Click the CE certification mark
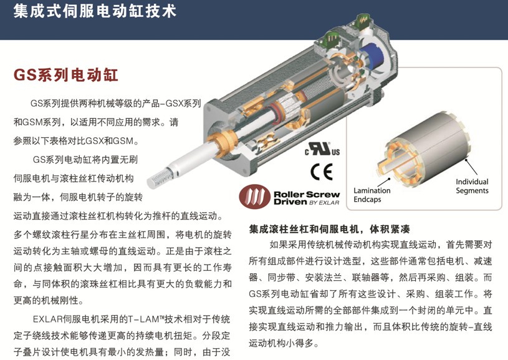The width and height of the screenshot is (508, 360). click(x=322, y=172)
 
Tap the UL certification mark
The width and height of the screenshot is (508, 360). click(x=322, y=149)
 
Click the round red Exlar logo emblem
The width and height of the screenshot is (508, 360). click(x=255, y=197)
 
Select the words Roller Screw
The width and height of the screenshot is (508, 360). click(x=307, y=194)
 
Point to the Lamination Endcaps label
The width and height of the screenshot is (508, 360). click(x=371, y=195)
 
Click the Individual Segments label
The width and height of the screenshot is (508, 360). click(x=472, y=186)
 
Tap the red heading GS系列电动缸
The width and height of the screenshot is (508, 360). click(x=65, y=75)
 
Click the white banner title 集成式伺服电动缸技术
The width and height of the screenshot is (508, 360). click(x=95, y=11)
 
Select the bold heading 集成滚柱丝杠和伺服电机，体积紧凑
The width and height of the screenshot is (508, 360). click(x=329, y=229)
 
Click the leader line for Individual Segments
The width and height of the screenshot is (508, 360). click(x=471, y=167)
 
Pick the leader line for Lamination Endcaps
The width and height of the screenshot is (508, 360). click(x=383, y=182)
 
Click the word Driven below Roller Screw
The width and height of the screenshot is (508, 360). click(x=290, y=202)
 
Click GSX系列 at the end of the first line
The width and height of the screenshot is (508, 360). click(x=183, y=104)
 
